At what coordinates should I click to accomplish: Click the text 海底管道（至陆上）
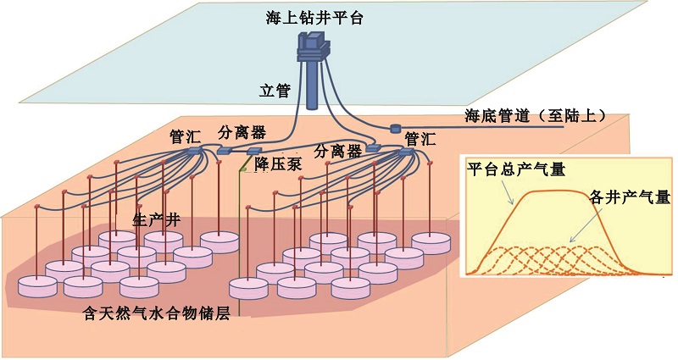[x=535, y=115]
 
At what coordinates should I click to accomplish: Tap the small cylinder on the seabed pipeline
[x=395, y=129]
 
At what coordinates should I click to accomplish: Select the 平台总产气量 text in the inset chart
[x=516, y=169]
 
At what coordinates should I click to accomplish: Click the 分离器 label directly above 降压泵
[x=242, y=132]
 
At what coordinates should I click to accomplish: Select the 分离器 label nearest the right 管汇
[x=337, y=151]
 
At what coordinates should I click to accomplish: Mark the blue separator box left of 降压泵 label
[x=225, y=151]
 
